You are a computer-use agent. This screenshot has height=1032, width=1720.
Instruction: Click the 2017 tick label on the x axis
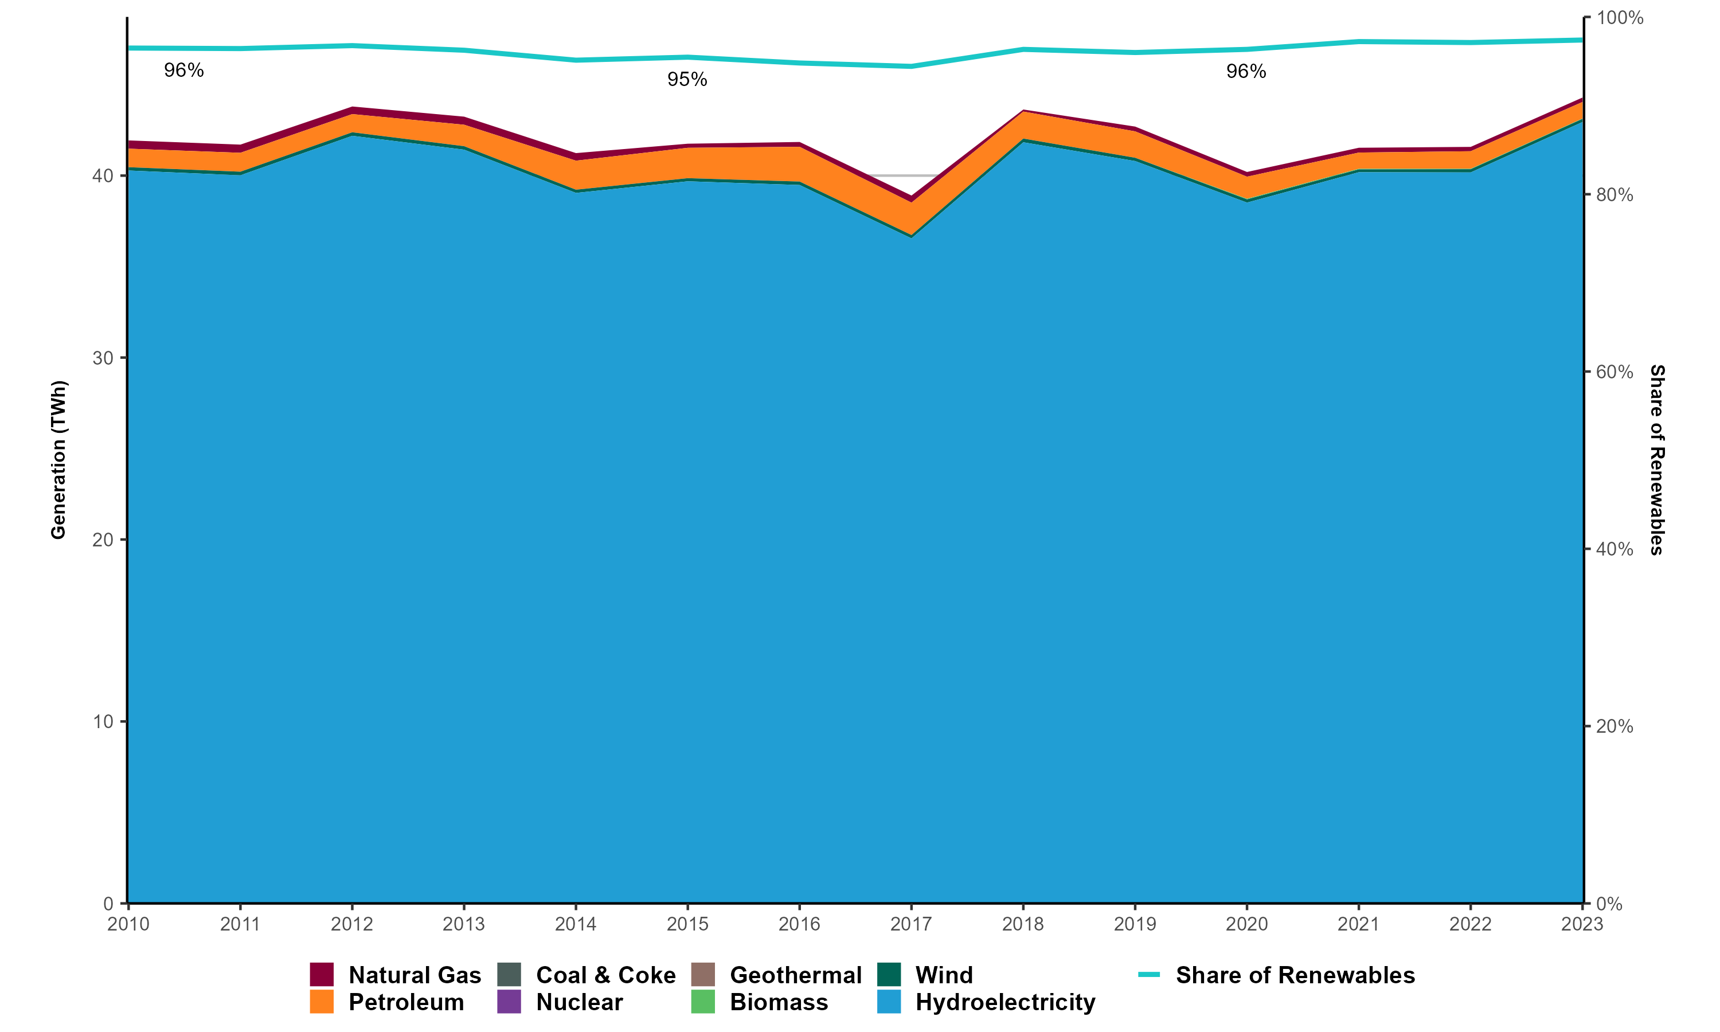(x=911, y=924)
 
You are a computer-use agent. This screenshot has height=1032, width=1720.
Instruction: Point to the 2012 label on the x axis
(x=352, y=924)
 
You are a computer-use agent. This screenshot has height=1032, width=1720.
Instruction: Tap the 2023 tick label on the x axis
(x=1582, y=924)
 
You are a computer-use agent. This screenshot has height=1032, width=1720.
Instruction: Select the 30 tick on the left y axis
(x=103, y=358)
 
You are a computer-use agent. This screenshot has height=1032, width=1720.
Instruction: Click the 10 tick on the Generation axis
(x=103, y=722)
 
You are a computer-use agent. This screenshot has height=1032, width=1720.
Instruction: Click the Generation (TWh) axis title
(x=58, y=460)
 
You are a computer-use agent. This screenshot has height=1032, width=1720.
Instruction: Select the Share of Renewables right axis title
(x=1657, y=460)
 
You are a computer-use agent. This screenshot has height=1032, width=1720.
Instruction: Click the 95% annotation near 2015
(x=687, y=80)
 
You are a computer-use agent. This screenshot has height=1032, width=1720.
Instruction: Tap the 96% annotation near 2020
(x=1246, y=72)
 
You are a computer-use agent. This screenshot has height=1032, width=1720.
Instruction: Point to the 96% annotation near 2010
(x=183, y=71)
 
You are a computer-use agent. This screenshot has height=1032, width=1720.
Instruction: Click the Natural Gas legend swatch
(x=322, y=974)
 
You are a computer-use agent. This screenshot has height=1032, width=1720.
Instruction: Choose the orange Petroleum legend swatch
(x=322, y=1002)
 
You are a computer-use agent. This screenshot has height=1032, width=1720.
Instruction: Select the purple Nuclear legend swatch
(x=509, y=1002)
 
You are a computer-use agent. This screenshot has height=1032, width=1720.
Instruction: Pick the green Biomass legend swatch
(x=703, y=1002)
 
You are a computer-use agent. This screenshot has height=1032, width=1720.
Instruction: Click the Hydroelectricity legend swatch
(x=889, y=1002)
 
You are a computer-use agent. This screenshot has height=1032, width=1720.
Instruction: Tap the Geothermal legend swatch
(x=703, y=974)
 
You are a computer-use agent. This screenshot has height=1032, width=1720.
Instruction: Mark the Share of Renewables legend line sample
(x=1148, y=974)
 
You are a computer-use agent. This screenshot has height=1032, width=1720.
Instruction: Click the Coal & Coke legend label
(x=605, y=975)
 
